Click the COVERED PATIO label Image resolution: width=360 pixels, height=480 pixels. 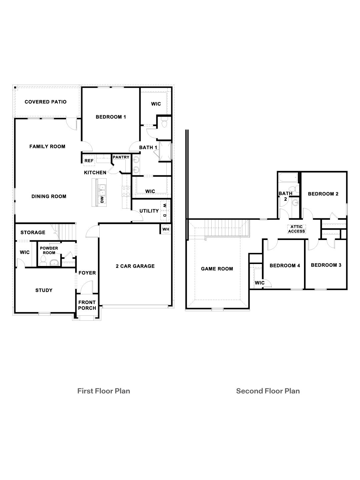[45, 102]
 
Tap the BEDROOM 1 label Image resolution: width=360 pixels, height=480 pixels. [111, 117]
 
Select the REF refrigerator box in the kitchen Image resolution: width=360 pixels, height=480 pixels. [89, 161]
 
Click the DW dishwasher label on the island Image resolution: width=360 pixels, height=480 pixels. [102, 199]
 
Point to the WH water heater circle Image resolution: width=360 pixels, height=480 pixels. [166, 229]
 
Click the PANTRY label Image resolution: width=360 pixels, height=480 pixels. [121, 157]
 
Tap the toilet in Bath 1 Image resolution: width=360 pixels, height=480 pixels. [164, 123]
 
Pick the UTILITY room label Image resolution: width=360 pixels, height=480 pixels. [149, 211]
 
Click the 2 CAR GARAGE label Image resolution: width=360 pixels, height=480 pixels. [135, 266]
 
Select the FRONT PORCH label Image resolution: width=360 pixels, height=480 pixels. [87, 305]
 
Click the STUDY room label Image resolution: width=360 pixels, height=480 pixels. [44, 290]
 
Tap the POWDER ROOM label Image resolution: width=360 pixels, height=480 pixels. [49, 250]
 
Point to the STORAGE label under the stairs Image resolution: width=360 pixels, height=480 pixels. [33, 232]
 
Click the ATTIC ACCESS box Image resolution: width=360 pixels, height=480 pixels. [297, 229]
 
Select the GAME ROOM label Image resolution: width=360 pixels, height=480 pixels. [217, 269]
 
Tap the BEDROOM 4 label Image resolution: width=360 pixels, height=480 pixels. [285, 266]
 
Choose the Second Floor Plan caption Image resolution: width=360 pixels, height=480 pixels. [268, 391]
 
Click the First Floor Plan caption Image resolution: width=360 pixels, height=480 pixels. [104, 391]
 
